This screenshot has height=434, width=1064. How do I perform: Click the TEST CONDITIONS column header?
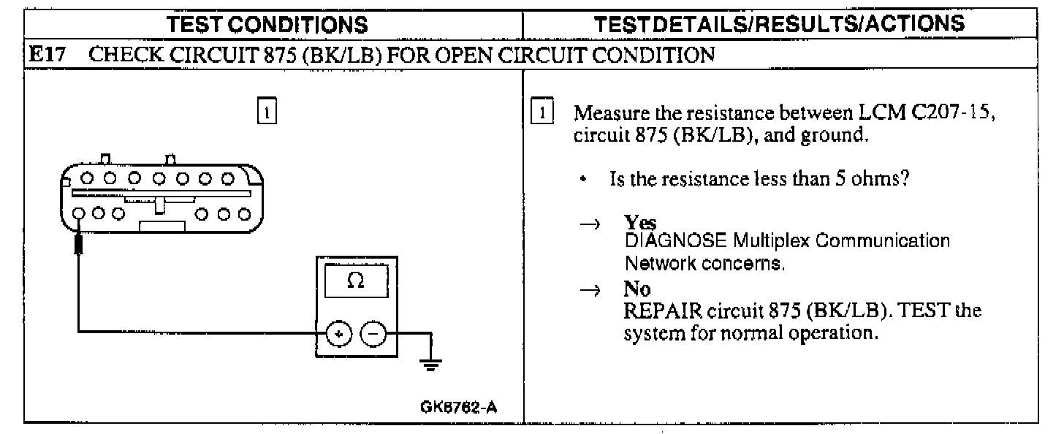coord(267,24)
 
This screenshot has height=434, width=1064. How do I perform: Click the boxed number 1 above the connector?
coord(268,114)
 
